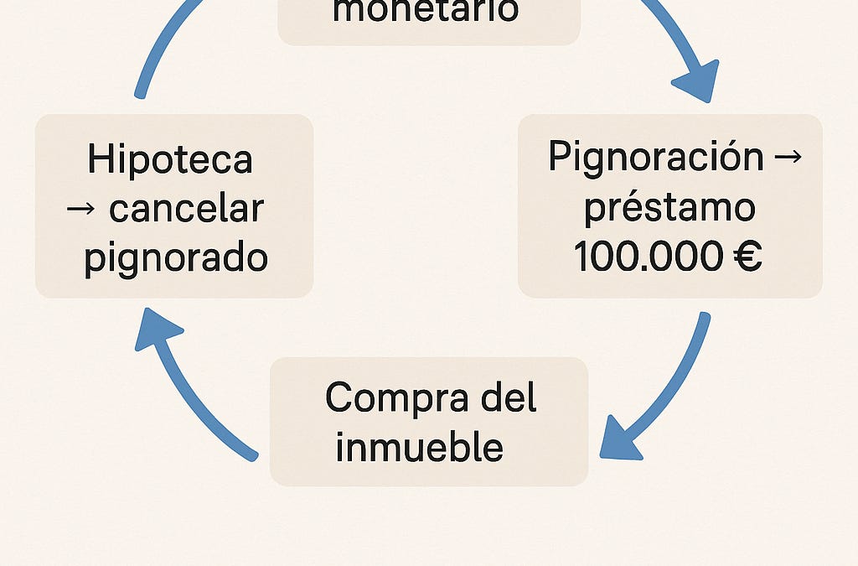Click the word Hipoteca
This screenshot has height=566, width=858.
coord(170,159)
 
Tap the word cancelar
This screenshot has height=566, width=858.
coord(187,209)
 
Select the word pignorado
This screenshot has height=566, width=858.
coord(176,258)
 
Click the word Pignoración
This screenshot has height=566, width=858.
coord(655,157)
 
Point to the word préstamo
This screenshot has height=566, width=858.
coord(669,208)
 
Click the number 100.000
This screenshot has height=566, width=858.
coord(648,256)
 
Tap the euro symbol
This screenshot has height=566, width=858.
coord(747,256)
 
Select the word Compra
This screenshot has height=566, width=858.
coord(396,398)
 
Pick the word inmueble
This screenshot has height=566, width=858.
coord(419,446)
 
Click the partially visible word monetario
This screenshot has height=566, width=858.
coord(426,11)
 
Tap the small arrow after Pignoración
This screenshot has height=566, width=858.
coord(788,157)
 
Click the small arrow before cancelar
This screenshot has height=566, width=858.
coord(81,209)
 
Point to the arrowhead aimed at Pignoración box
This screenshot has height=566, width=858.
coord(698,82)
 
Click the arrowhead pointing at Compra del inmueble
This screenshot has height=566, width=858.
coord(619,439)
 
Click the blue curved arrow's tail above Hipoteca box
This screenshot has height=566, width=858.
coord(140,94)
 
